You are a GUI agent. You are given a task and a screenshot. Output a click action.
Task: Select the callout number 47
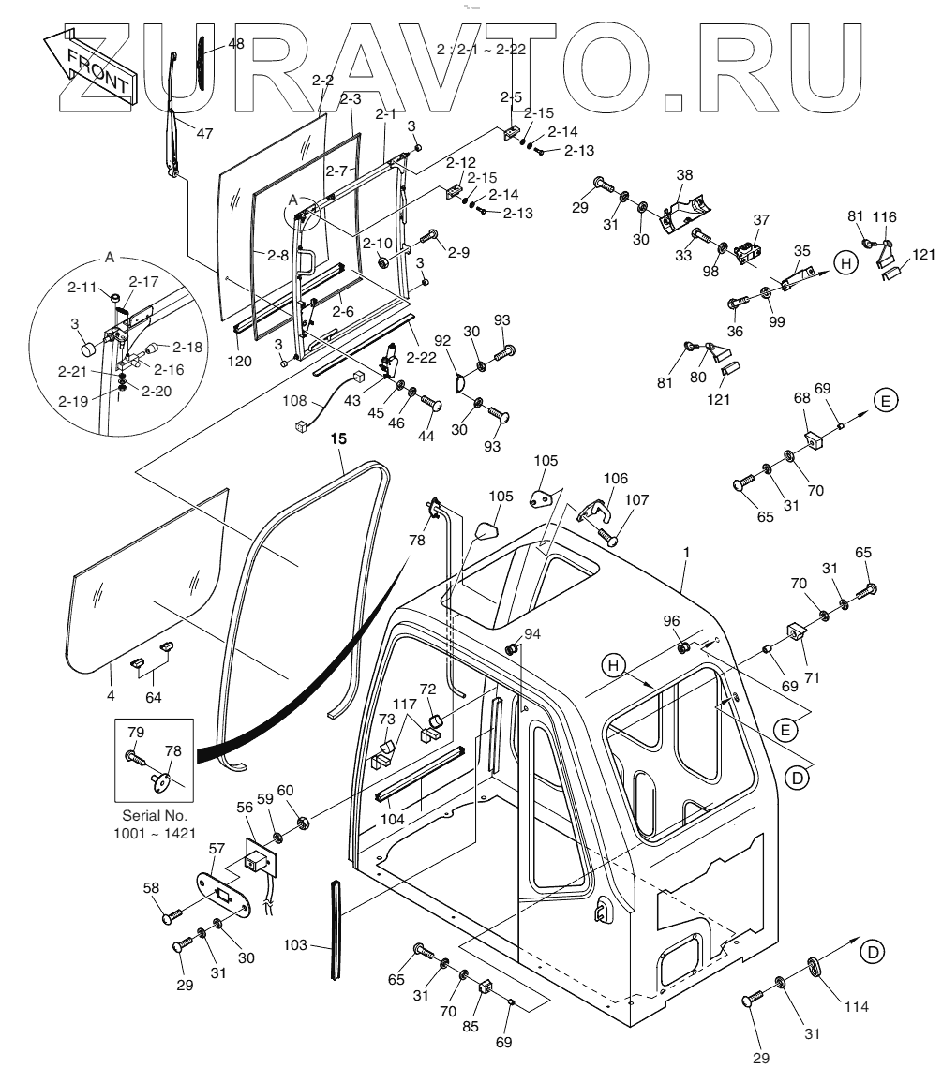(x=204, y=132)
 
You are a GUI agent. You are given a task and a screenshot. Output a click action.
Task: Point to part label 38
(x=684, y=174)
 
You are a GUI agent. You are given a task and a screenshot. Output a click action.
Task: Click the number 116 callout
(x=884, y=217)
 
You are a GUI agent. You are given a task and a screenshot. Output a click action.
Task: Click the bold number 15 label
(x=338, y=438)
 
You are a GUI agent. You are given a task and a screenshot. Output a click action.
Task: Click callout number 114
(x=855, y=1006)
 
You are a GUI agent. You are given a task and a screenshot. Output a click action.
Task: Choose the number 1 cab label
(x=686, y=554)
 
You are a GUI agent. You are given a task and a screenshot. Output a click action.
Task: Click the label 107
(x=635, y=500)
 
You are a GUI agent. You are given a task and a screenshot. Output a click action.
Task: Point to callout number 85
(x=471, y=1026)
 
